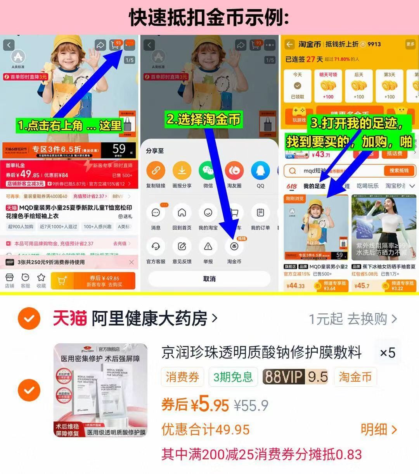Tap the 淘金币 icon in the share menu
[x=234, y=247]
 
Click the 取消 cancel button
[x=209, y=279]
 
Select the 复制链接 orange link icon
[x=156, y=170]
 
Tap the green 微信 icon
[x=208, y=170]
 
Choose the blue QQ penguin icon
[x=260, y=170]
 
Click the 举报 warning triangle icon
[x=208, y=247]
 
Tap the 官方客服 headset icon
[x=156, y=247]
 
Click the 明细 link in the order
[x=378, y=429]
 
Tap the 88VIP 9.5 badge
[x=295, y=377]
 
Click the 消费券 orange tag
[x=182, y=377]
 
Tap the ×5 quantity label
[x=387, y=353]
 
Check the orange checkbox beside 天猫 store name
[x=29, y=319]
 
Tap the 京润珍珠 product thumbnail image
[x=100, y=390]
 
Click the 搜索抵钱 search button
[x=399, y=171]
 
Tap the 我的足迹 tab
[x=314, y=186]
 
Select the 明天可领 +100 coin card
[x=328, y=86]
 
